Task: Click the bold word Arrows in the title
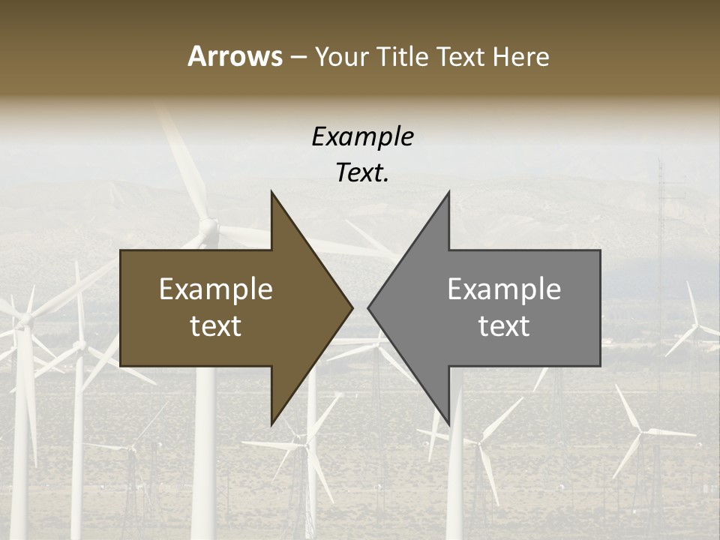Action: pyautogui.click(x=235, y=56)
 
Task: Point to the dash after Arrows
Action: pyautogui.click(x=298, y=57)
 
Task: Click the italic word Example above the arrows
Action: pyautogui.click(x=362, y=137)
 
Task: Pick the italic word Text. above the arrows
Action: pyautogui.click(x=362, y=173)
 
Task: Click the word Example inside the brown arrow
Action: pyautogui.click(x=215, y=289)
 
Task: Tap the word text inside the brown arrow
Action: pyautogui.click(x=215, y=326)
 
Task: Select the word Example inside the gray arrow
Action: pyautogui.click(x=504, y=289)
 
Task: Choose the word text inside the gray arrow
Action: pyautogui.click(x=504, y=326)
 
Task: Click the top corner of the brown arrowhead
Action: pyautogui.click(x=271, y=192)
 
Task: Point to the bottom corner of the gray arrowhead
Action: pyautogui.click(x=448, y=424)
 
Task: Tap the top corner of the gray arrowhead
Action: pyautogui.click(x=448, y=192)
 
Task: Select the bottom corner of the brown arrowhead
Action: pyautogui.click(x=271, y=424)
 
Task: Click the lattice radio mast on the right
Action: pyautogui.click(x=662, y=210)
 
